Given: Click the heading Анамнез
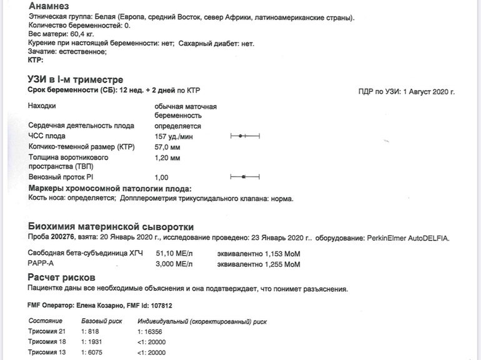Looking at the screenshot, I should click(52, 5).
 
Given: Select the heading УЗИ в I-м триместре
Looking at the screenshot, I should click(76, 80).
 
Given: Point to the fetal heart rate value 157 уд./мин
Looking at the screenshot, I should click(174, 136).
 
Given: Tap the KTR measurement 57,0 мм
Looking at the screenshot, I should click(167, 147).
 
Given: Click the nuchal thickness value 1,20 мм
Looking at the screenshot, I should click(167, 158).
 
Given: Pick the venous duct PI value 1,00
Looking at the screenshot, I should click(161, 177).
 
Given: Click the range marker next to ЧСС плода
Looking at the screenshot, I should click(244, 136).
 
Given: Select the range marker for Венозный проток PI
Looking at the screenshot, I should click(244, 177).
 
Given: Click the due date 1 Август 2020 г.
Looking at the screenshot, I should click(425, 92).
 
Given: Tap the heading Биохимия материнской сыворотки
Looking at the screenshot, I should click(111, 226).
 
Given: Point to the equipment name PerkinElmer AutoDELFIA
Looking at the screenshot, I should click(407, 238).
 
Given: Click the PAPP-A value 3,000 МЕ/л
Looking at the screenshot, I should click(173, 264).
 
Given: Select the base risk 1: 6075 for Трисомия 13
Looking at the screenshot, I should click(93, 352).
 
